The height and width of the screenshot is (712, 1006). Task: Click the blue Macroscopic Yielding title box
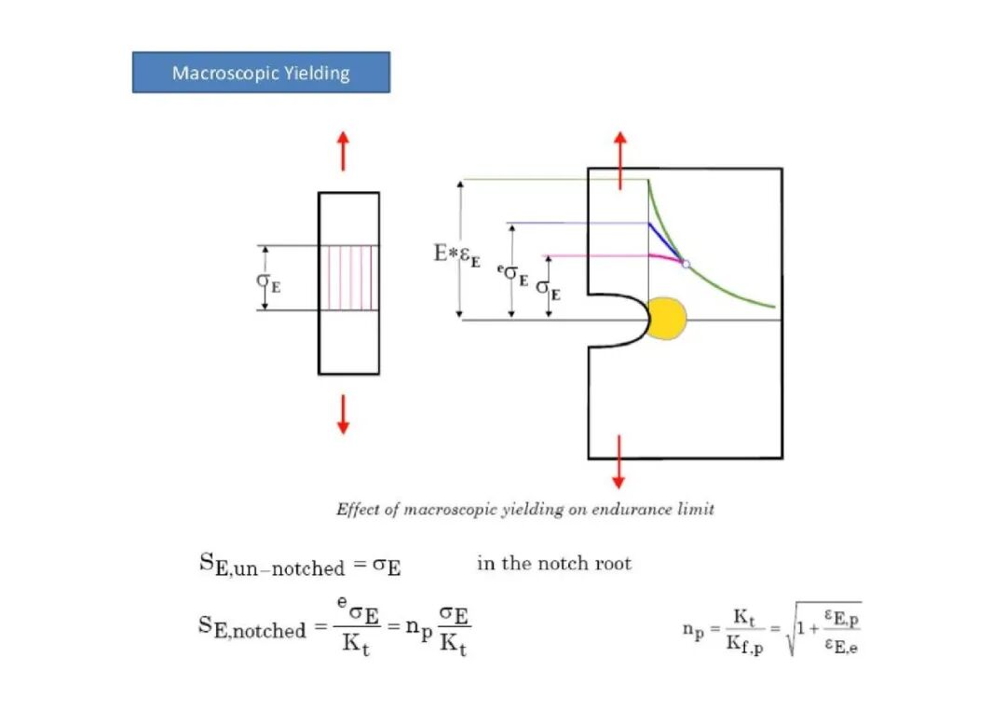[261, 73]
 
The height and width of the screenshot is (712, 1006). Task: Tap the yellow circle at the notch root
[667, 319]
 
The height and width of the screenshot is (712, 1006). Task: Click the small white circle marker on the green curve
[686, 264]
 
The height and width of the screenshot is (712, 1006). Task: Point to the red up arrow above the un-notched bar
[343, 151]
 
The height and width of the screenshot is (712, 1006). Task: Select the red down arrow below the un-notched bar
[343, 415]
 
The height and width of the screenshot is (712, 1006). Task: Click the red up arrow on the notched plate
[619, 160]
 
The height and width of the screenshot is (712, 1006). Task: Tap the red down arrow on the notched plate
[619, 462]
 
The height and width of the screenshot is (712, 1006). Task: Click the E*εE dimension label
[456, 254]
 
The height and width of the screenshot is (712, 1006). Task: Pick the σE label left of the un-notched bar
[268, 282]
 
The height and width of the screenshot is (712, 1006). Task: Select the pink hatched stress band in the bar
[349, 278]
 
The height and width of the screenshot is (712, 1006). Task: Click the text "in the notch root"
[554, 563]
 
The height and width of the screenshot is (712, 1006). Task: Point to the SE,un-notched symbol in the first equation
[272, 566]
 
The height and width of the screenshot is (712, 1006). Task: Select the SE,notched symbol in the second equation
[252, 627]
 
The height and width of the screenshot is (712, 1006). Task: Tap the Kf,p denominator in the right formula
[744, 645]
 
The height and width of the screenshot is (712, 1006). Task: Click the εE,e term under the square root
[841, 645]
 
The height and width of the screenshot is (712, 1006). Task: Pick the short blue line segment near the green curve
[666, 242]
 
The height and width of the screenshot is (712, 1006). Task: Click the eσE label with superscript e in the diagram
[513, 274]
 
